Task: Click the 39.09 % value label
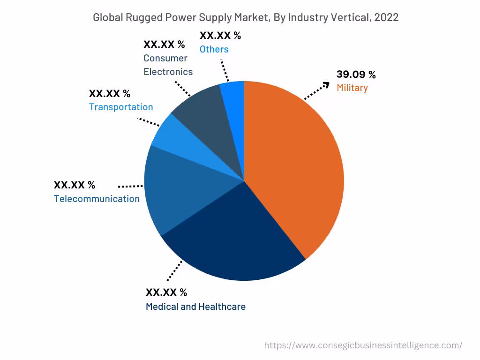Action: pos(356,75)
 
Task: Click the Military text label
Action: pos(352,88)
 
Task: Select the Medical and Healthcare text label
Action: pos(195,307)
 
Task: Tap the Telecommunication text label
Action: pos(97,199)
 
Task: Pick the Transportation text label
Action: pos(121,107)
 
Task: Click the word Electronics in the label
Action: pos(168,72)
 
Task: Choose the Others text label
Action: pos(214,49)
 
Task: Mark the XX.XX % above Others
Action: pos(220,36)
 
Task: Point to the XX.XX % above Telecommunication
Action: pos(75,185)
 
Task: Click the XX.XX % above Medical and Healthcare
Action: pos(166,292)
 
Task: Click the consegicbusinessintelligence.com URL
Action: pos(363,345)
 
